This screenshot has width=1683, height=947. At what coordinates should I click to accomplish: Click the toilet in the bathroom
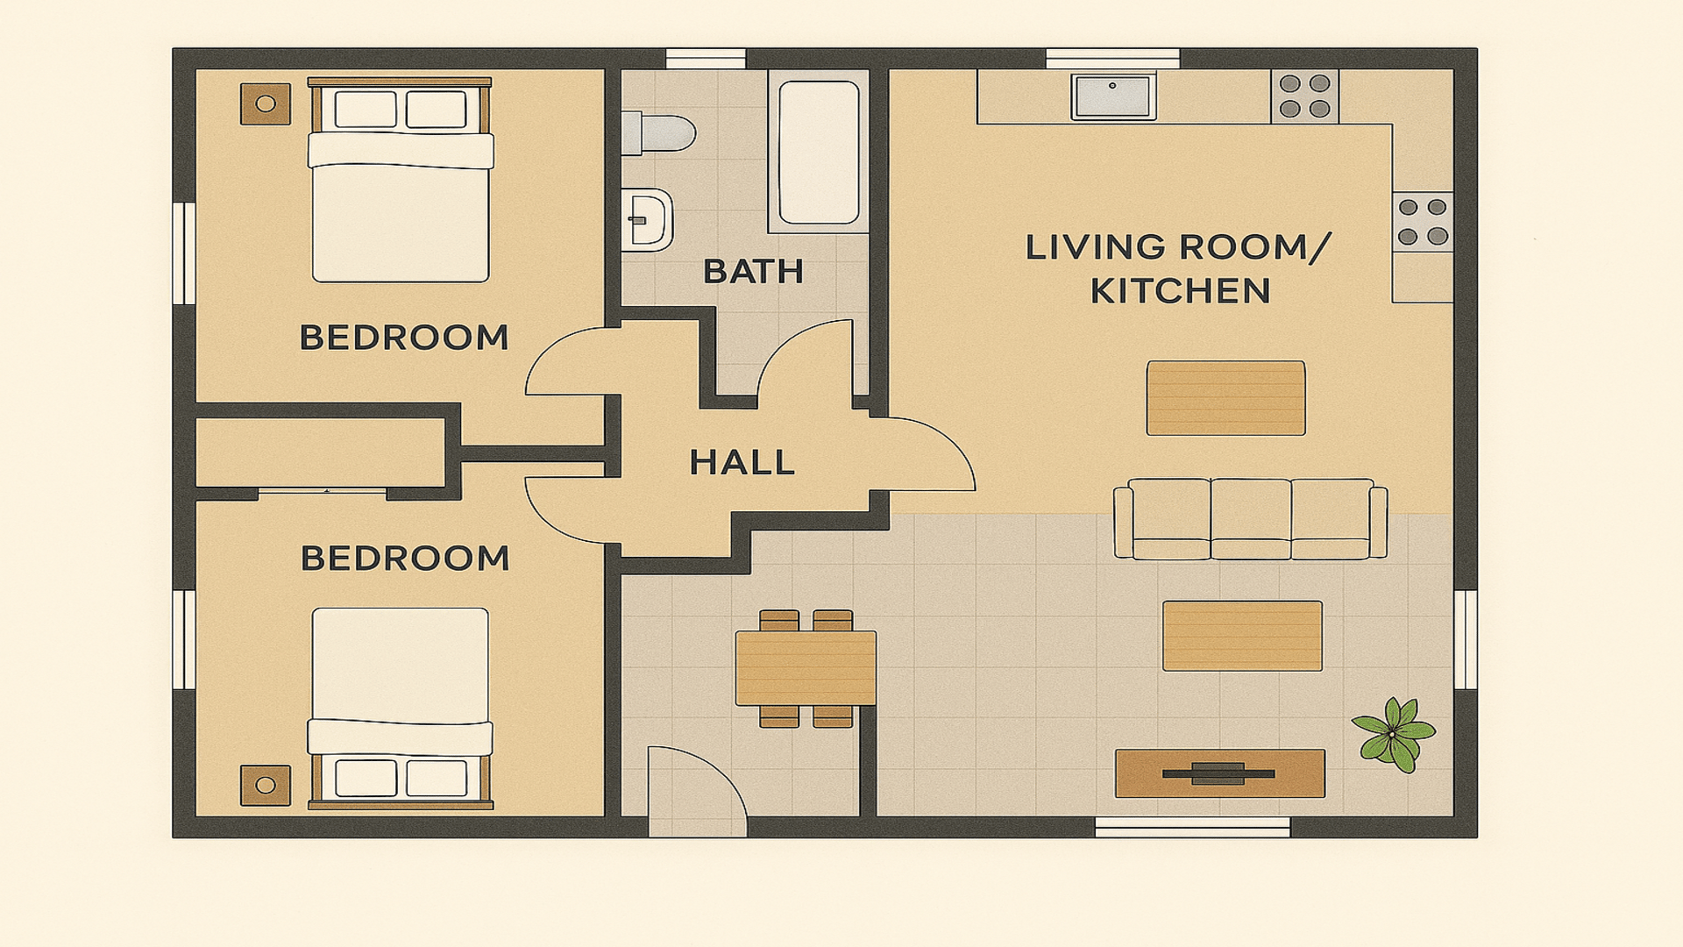coord(657,133)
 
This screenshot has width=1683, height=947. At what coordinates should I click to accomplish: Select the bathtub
coord(819,153)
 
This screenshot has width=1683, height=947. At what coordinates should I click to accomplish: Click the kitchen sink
coord(1113,96)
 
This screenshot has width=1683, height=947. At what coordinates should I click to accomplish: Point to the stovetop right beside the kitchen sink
coord(1304,96)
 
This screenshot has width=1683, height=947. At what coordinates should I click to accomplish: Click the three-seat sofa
coord(1250,519)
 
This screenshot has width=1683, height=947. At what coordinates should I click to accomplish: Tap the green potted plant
coord(1393,735)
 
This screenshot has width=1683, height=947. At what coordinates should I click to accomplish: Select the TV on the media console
coord(1218,773)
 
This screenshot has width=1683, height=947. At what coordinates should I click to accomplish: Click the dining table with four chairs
coord(806,668)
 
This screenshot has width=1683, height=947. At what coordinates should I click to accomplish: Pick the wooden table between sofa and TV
coord(1242,636)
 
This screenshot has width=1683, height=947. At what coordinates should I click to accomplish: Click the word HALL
coord(742,463)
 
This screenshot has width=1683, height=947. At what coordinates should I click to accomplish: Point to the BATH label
coord(753,272)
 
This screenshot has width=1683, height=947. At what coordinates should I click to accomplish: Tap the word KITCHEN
coord(1180,291)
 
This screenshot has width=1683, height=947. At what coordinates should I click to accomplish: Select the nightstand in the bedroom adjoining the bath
coord(266,103)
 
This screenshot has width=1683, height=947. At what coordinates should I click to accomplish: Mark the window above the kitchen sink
coord(1113,60)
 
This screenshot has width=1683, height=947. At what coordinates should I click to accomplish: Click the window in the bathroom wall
coord(706,60)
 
